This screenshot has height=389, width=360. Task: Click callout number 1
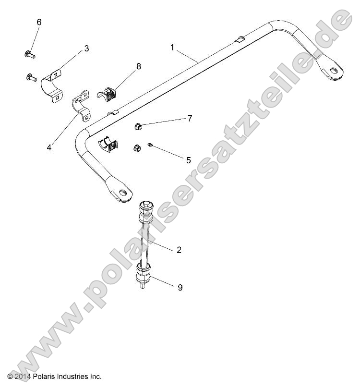pyautogui.click(x=172, y=47)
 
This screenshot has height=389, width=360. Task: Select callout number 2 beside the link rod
pyautogui.click(x=179, y=250)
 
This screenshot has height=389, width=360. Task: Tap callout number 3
pyautogui.click(x=86, y=48)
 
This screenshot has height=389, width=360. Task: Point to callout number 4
pyautogui.click(x=49, y=148)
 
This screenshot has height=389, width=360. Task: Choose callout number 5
pyautogui.click(x=189, y=160)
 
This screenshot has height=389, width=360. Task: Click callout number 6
pyautogui.click(x=39, y=22)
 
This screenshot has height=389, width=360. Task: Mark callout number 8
pyautogui.click(x=139, y=67)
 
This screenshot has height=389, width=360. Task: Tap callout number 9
pyautogui.click(x=180, y=287)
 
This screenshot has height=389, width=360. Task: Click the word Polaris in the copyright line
pyautogui.click(x=47, y=377)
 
